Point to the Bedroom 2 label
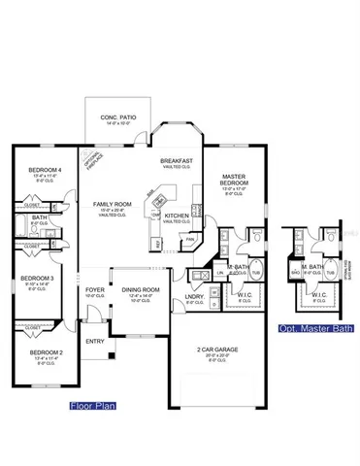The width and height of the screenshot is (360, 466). pyautogui.click(x=44, y=352)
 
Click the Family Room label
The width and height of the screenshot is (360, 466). pyautogui.click(x=113, y=204)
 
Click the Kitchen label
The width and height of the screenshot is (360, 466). pyautogui.click(x=176, y=215)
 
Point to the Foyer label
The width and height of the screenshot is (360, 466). pyautogui.click(x=94, y=289)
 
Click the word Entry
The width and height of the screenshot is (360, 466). pyautogui.click(x=94, y=341)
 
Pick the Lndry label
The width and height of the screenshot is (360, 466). pyautogui.click(x=191, y=295)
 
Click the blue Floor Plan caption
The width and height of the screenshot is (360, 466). pyautogui.click(x=92, y=405)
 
